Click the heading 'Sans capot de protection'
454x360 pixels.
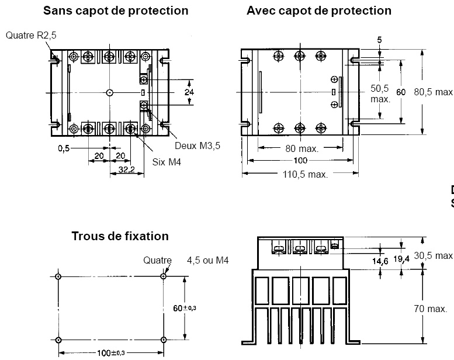coord(116,11)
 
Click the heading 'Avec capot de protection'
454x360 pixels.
coord(319,11)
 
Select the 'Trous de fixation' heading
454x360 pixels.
coord(120,236)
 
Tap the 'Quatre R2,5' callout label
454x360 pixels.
coord(32,36)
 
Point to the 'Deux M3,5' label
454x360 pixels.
coord(197,145)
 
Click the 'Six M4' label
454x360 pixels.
coord(167,162)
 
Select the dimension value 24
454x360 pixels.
coord(189,92)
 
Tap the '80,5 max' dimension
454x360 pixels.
coord(434,92)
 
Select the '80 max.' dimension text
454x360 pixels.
coord(301,148)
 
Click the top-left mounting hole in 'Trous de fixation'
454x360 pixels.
coord(58,277)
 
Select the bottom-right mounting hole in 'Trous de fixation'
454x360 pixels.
coord(164,340)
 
